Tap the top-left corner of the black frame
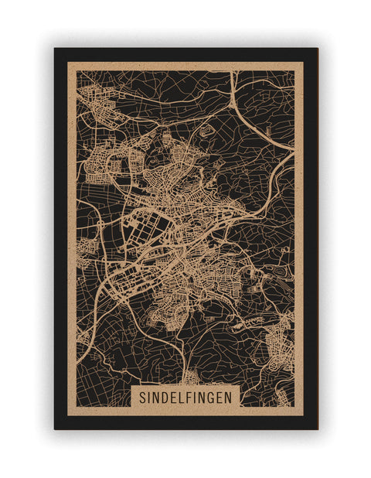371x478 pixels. (x=55, y=49)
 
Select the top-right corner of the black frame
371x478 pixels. (x=317, y=49)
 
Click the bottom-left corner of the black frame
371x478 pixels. (x=55, y=428)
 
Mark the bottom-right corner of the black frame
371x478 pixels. (x=317, y=428)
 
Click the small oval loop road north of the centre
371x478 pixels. (x=204, y=132)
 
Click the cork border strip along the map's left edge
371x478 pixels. (x=71, y=232)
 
